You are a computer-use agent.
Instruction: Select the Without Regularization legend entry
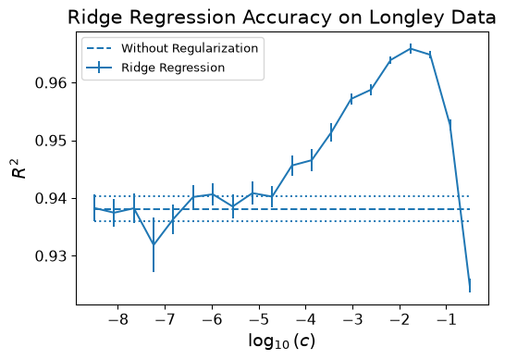click(x=173, y=48)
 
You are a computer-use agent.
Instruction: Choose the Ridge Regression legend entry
click(x=155, y=68)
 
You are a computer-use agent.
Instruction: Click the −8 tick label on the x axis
click(x=117, y=319)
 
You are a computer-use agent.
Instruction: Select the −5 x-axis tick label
click(x=259, y=319)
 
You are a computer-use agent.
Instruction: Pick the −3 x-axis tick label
click(x=352, y=319)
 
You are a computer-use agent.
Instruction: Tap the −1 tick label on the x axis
click(x=447, y=319)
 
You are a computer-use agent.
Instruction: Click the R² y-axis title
click(x=19, y=168)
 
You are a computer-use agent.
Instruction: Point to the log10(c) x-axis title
click(x=282, y=341)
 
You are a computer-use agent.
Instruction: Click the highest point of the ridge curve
click(x=411, y=49)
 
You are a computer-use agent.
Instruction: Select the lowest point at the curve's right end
click(x=470, y=286)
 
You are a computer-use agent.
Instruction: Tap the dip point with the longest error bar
click(x=154, y=244)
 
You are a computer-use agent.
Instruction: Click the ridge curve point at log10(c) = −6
click(x=213, y=194)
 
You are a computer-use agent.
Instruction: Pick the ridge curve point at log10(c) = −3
click(x=351, y=99)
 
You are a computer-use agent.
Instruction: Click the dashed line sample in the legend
click(x=99, y=49)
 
